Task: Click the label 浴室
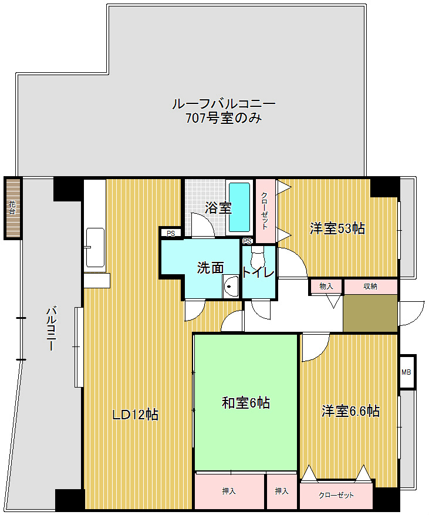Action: click(218, 208)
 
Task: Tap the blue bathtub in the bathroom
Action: click(239, 206)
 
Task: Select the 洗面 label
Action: click(210, 268)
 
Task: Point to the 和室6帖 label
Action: click(245, 403)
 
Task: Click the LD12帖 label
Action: click(135, 415)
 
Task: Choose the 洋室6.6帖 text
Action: click(350, 411)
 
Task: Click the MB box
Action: click(406, 372)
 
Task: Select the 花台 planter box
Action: click(12, 207)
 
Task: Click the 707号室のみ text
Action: click(222, 119)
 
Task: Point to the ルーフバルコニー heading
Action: click(223, 104)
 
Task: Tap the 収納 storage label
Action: click(370, 287)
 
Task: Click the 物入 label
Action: click(326, 287)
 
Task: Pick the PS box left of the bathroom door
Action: click(171, 233)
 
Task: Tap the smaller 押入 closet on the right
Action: click(282, 491)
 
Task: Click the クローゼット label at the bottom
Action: click(336, 496)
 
